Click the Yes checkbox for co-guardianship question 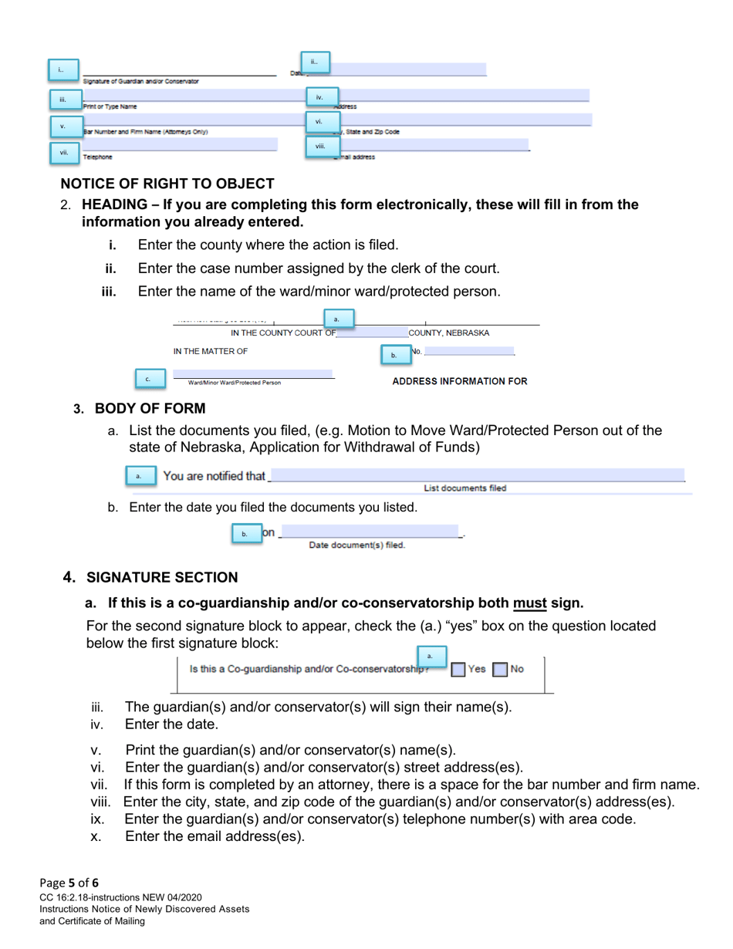point(458,670)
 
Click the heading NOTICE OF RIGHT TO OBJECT point(167,184)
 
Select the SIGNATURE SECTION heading point(162,577)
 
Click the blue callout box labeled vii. point(64,154)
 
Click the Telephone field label point(97,157)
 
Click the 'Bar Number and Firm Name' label point(145,132)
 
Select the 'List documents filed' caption point(465,488)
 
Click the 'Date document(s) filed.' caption point(356,545)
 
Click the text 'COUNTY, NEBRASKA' point(448,333)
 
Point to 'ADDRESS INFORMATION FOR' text point(460,381)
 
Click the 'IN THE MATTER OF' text point(210,351)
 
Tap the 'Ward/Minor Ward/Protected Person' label point(235,383)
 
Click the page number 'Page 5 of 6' point(68,883)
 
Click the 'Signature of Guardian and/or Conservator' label point(140,81)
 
